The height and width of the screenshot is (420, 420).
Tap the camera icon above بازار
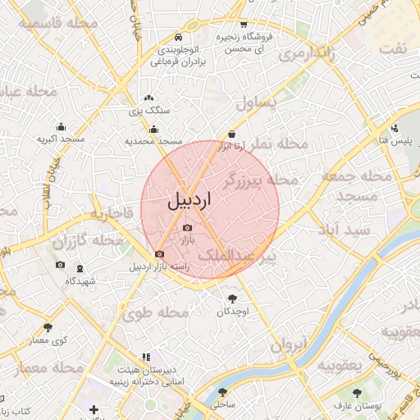(187, 227)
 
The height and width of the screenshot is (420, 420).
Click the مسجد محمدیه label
(153, 141)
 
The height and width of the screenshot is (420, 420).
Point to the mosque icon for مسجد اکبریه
(61, 126)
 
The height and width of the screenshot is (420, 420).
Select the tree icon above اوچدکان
(232, 299)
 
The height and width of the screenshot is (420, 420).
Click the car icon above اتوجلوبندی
(179, 38)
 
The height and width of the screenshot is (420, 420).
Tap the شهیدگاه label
(80, 281)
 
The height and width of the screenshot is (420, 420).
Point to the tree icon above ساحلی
(222, 392)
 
